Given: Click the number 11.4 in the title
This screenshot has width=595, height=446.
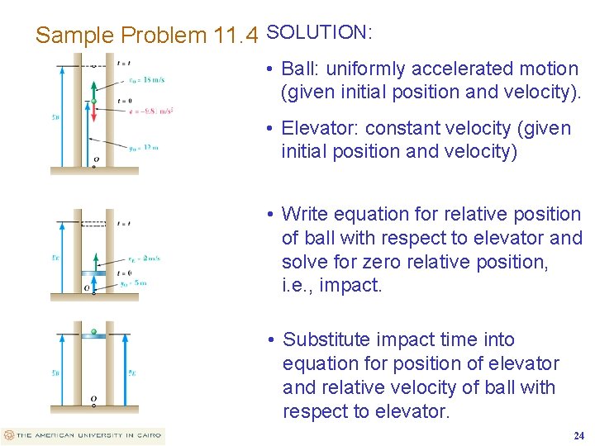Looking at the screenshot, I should point(236,36).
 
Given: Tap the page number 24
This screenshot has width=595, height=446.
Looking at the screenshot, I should point(578,435).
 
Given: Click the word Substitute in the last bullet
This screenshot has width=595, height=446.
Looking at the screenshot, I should point(327,339).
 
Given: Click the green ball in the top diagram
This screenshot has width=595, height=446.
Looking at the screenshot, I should point(94,102).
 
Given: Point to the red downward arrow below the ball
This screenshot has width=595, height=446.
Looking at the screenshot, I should point(94,115).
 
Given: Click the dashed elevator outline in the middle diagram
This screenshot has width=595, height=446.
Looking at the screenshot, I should point(94,223).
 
